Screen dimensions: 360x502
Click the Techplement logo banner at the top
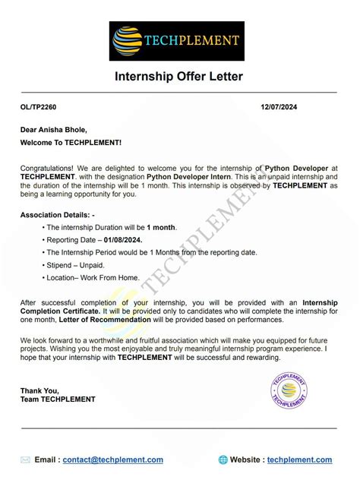point(178,41)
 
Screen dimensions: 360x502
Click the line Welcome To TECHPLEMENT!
point(71,142)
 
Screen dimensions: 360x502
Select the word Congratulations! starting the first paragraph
point(47,167)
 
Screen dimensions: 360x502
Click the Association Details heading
point(57,215)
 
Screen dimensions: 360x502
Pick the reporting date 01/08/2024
point(129,240)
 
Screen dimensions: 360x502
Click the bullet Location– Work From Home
point(95,278)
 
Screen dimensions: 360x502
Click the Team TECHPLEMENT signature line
point(58,399)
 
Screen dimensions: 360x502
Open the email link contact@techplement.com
point(113,459)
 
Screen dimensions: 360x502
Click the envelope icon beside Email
point(26,459)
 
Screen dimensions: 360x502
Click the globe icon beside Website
point(223,459)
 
